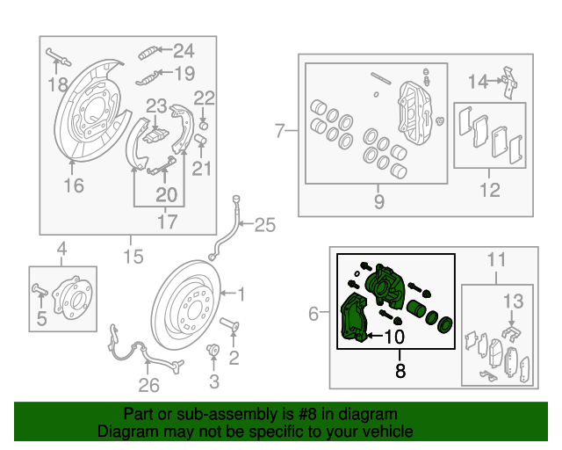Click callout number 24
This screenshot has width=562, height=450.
[x=184, y=50]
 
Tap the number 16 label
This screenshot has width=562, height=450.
[x=74, y=185]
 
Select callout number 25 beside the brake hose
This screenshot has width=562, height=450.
[x=264, y=225]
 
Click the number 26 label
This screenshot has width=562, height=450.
[x=149, y=384]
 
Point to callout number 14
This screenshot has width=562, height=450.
[x=477, y=82]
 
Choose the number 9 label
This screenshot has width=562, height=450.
[x=379, y=202]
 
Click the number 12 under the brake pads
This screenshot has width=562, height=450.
[x=489, y=188]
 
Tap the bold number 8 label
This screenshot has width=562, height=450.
[x=400, y=371]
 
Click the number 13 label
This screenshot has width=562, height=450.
[x=513, y=301]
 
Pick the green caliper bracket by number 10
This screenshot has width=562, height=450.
[x=353, y=319]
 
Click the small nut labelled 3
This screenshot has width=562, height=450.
[x=212, y=353]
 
